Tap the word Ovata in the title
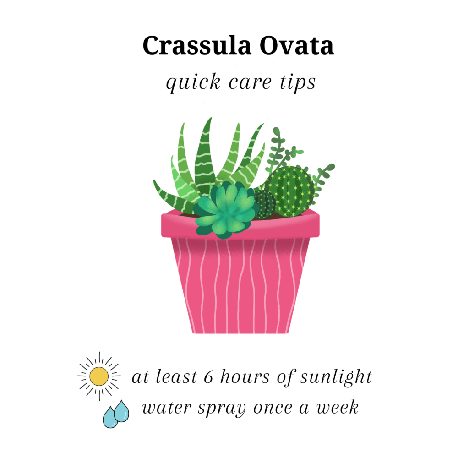[x=296, y=45]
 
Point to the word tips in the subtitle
[x=298, y=82]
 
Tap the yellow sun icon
[x=99, y=376]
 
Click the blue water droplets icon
[x=116, y=414]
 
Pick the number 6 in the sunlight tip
[x=208, y=377]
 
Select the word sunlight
[x=336, y=377]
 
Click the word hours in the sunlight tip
[x=245, y=376]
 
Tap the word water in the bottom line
[x=167, y=408]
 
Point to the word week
[x=338, y=407]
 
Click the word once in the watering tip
[x=273, y=409]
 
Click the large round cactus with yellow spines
[x=289, y=191]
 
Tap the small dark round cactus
[x=265, y=204]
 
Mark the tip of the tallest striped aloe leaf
[x=211, y=118]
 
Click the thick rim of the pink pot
[x=240, y=227]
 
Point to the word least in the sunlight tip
[x=176, y=376]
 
